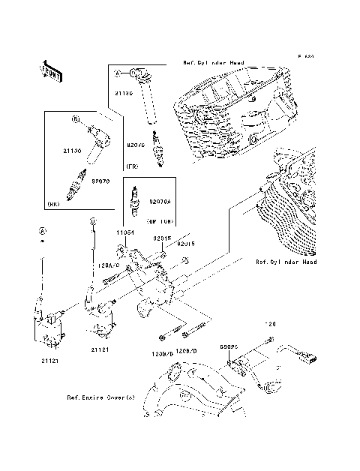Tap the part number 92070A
160,201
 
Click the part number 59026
229,347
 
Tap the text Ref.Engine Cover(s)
100,398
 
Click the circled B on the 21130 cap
76,118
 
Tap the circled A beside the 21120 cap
118,73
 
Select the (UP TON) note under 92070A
160,223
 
